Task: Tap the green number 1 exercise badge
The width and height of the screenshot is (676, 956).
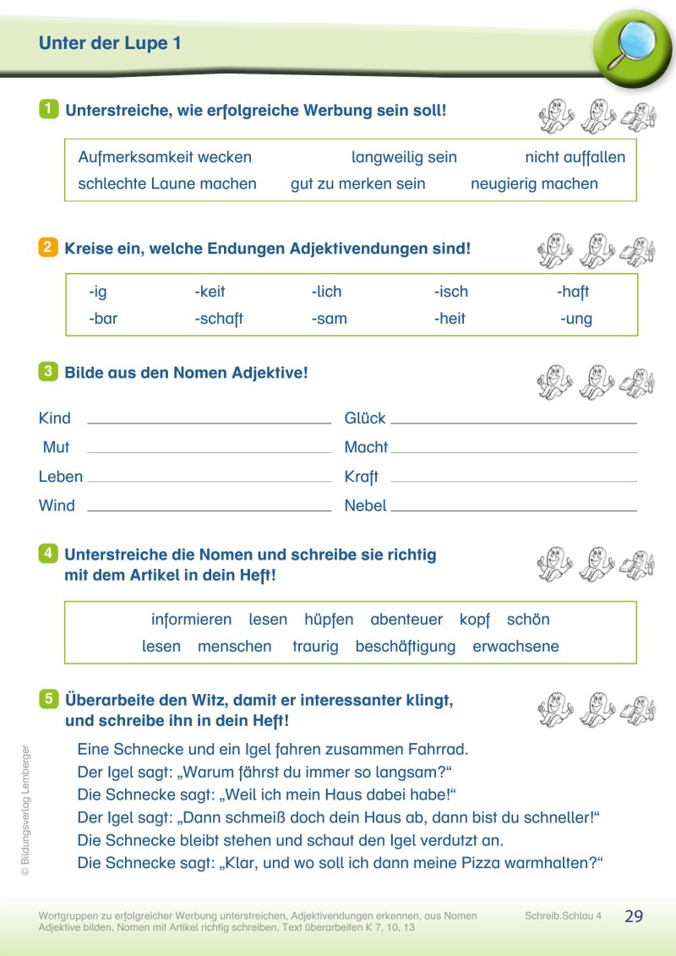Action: tap(49, 109)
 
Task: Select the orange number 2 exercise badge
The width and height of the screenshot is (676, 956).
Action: tap(48, 248)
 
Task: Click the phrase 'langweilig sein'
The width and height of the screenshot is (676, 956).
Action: tap(404, 157)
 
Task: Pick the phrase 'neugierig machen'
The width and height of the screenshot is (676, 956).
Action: tap(534, 183)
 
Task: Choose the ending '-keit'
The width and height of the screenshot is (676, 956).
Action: tap(210, 292)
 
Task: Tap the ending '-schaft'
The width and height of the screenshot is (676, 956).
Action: tap(218, 319)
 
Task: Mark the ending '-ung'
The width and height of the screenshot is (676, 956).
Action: tap(575, 319)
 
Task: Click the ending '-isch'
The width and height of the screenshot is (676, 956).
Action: tap(450, 292)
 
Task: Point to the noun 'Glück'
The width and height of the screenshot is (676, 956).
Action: tap(365, 418)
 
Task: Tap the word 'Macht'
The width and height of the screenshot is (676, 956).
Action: tap(366, 447)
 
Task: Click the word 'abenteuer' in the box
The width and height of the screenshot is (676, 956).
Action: tap(406, 620)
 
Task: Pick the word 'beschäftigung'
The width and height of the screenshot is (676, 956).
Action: tap(406, 647)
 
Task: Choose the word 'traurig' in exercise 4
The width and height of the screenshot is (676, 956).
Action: tap(315, 647)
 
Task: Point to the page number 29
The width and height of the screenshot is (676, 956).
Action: tap(634, 916)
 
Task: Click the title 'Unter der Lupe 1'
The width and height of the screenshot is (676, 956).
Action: tap(110, 43)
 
